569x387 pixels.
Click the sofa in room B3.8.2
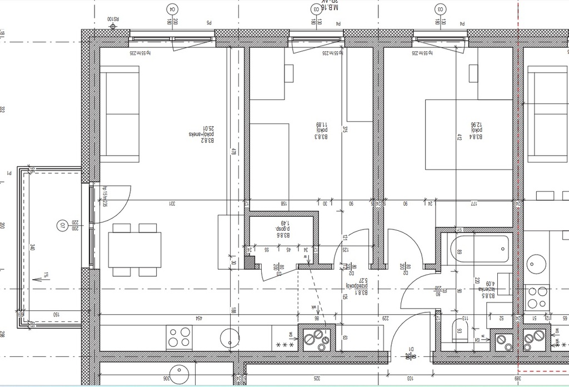[x=119, y=114]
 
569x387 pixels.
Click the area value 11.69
[x=319, y=128]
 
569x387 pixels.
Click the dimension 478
[x=234, y=151]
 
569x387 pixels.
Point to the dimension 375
[x=345, y=130]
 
